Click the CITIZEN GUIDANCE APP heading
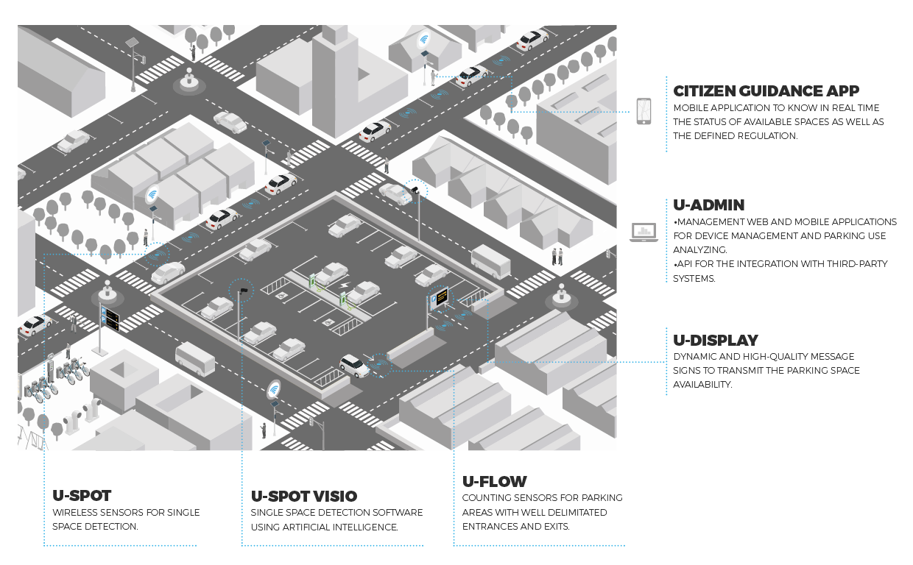766,91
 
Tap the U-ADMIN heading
709,205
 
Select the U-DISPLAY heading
716,341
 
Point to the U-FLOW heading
495,482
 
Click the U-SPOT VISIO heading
303,497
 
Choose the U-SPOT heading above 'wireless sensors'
82,497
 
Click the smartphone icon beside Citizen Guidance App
644,112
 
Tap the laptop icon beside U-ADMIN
644,232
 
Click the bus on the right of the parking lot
490,261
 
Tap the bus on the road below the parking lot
195,358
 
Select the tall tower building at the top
336,70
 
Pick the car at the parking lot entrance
355,364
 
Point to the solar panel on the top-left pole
132,43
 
